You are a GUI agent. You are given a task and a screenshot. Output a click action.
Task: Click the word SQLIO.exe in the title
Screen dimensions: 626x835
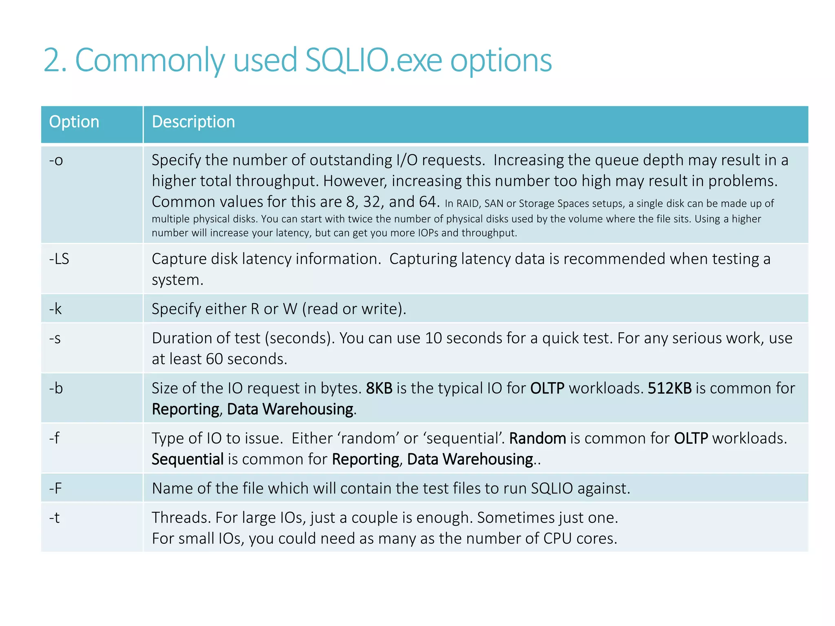point(373,60)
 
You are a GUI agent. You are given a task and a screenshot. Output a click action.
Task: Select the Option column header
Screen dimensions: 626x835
point(74,122)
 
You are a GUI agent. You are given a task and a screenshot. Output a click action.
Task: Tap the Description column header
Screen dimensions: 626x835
point(193,122)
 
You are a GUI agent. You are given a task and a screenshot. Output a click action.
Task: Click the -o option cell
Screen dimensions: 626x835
point(56,160)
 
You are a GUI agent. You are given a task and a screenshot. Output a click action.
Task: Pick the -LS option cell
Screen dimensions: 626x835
point(59,259)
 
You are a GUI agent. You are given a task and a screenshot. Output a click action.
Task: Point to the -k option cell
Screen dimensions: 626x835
point(55,309)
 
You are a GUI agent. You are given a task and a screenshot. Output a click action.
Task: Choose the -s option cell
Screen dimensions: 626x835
point(55,338)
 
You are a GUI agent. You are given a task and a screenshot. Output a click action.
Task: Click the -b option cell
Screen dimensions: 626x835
point(56,388)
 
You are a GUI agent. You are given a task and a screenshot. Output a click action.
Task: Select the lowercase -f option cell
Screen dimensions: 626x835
point(54,438)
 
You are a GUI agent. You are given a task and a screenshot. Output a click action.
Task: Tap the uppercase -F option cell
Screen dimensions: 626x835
point(55,488)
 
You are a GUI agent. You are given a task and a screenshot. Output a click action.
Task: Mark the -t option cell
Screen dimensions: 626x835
point(54,518)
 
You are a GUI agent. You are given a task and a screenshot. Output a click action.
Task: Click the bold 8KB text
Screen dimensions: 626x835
point(379,388)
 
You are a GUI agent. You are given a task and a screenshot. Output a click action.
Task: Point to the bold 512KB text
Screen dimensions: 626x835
point(669,388)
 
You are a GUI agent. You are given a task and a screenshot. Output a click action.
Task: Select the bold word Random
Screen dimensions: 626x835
point(537,439)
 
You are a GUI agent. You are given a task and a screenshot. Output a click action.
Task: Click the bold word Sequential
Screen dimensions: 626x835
point(188,459)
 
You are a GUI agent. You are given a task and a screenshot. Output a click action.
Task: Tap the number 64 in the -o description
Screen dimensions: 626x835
point(427,202)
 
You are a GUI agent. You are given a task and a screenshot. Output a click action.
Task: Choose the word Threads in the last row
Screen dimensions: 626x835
point(181,518)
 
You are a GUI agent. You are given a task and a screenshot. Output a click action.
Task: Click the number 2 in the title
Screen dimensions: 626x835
point(51,60)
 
